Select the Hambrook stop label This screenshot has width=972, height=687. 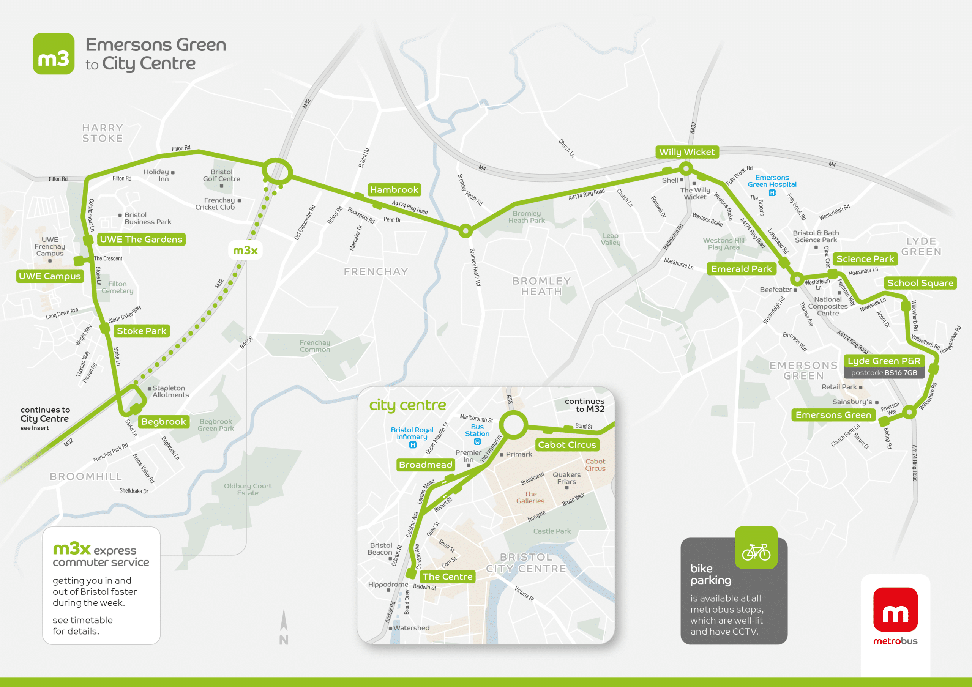coord(394,190)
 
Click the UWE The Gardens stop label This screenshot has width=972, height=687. coord(141,239)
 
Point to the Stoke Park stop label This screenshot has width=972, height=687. coord(141,331)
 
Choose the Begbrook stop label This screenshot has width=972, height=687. coord(163,422)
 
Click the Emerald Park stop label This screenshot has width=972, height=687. coord(741,269)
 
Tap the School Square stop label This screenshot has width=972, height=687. coord(920,283)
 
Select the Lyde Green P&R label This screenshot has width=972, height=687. coord(884,361)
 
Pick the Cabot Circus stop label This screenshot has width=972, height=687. coord(566,445)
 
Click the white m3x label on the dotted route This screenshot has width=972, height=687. coord(245,251)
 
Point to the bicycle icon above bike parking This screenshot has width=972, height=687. coord(756,551)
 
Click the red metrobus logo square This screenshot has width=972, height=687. coord(895,609)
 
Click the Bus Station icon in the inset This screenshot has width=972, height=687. coord(477,442)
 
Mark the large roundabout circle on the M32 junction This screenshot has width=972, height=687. coord(277,172)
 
